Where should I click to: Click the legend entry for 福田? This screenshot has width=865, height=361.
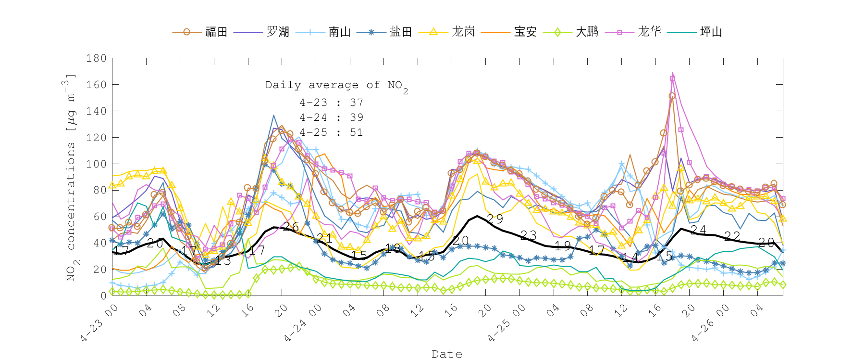click(x=216, y=32)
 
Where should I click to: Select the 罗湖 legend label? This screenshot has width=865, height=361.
click(x=278, y=32)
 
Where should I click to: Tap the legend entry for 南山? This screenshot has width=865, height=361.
click(x=339, y=32)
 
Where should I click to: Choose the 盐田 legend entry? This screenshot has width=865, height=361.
click(x=401, y=32)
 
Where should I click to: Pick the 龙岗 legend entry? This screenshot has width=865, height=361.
click(x=463, y=32)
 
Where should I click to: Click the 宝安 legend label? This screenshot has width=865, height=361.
click(x=525, y=32)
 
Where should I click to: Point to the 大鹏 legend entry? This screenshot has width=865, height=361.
click(x=587, y=32)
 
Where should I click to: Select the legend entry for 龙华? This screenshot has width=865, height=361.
click(x=649, y=32)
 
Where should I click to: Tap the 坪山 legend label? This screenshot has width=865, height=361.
click(x=711, y=32)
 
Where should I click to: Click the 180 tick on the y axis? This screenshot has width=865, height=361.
click(x=96, y=58)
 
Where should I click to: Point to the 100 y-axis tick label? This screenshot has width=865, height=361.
click(x=96, y=164)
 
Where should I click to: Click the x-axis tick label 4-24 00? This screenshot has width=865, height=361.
click(x=301, y=323)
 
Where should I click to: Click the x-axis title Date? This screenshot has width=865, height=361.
click(x=447, y=354)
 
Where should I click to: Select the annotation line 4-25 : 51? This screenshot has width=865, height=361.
click(x=331, y=132)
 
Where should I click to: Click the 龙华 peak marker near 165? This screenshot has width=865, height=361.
click(x=672, y=78)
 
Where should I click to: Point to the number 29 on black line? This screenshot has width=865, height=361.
click(x=494, y=219)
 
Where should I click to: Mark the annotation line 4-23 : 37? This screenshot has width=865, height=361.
click(x=331, y=103)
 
